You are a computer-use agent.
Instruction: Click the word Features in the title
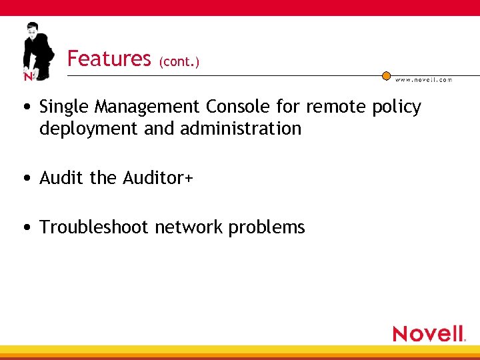(x=109, y=59)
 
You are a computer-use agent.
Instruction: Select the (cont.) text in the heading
(x=179, y=62)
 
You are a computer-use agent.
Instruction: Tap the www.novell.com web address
(x=423, y=79)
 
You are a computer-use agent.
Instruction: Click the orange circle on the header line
(x=386, y=76)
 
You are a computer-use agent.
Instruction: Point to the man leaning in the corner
(x=37, y=50)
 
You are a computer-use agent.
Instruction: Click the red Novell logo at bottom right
(x=428, y=333)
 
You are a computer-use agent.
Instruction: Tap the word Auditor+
(x=158, y=178)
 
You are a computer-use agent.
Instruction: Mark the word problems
(x=267, y=228)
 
